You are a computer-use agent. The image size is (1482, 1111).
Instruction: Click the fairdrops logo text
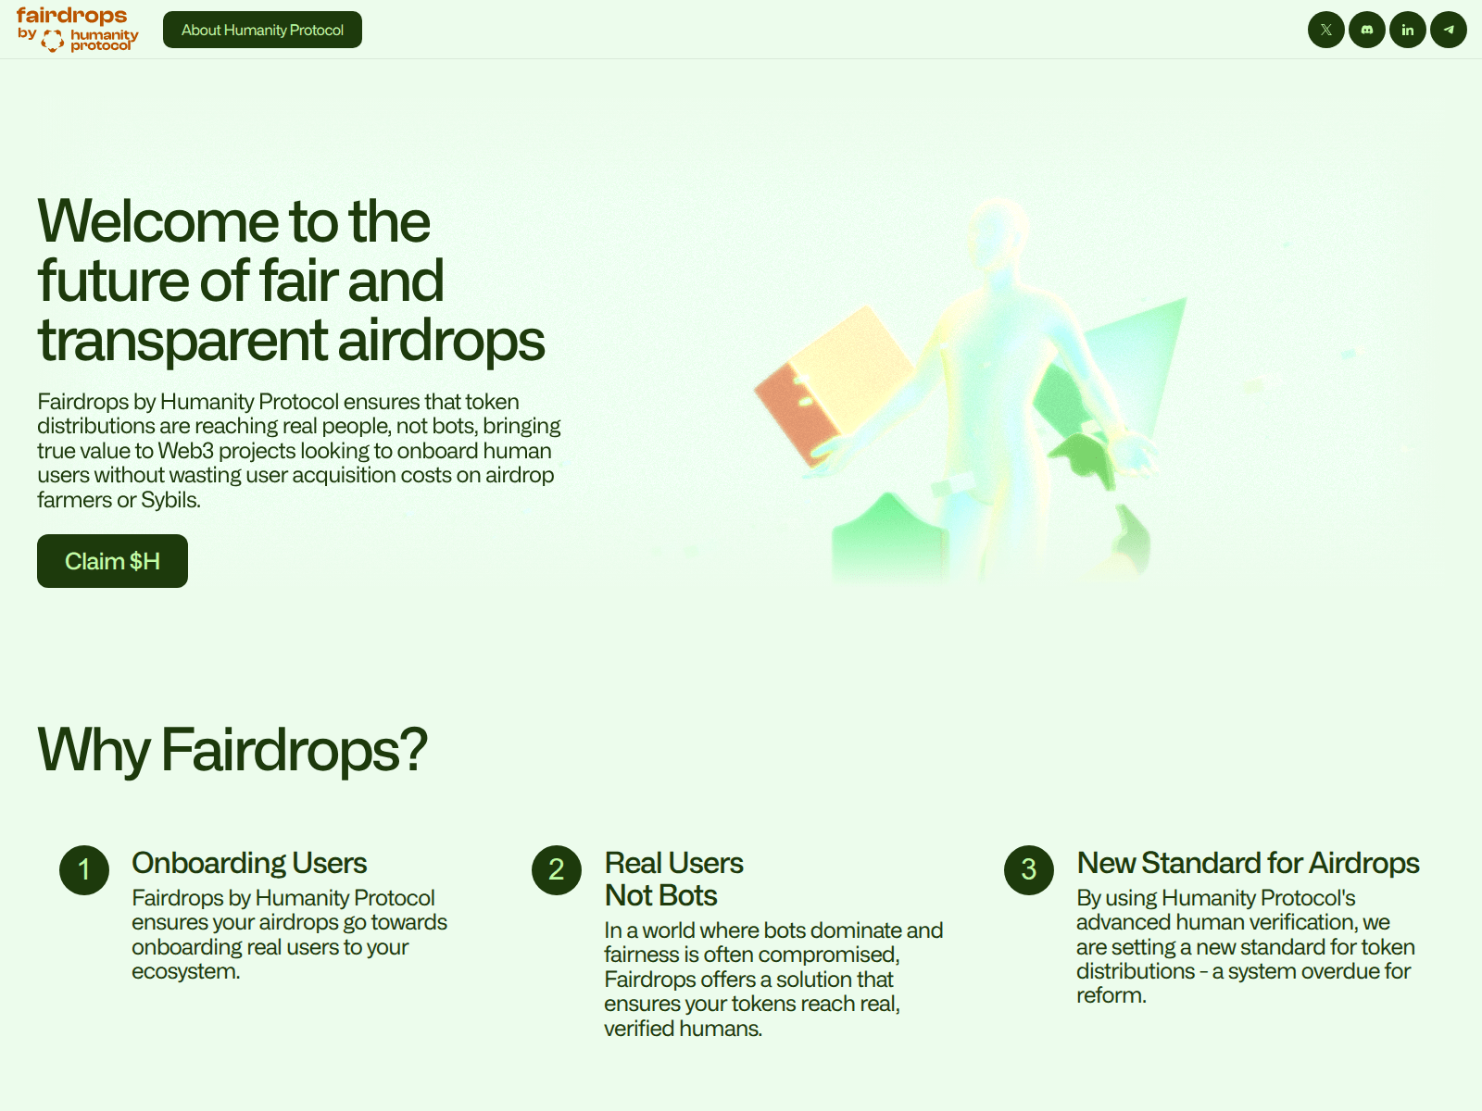click(x=71, y=16)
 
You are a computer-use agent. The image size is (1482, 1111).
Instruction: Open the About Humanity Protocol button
click(x=262, y=30)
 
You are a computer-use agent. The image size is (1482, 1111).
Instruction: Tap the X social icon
click(x=1325, y=30)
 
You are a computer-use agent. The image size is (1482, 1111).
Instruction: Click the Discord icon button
click(x=1366, y=30)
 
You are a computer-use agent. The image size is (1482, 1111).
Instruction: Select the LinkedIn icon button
click(x=1407, y=30)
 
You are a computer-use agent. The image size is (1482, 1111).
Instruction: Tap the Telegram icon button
click(x=1448, y=30)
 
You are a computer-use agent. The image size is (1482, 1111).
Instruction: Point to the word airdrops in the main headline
click(x=441, y=340)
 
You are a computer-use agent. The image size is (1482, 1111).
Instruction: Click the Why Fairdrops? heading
click(x=232, y=749)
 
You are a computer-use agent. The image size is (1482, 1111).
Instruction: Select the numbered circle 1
click(x=84, y=870)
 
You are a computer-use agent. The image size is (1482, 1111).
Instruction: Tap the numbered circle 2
click(x=557, y=870)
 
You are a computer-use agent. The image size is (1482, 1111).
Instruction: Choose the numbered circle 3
click(x=1029, y=870)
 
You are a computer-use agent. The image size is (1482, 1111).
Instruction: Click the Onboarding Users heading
click(x=249, y=863)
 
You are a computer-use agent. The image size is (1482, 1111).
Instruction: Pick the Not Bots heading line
click(x=660, y=896)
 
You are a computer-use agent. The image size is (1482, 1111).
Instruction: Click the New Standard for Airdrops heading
click(x=1248, y=863)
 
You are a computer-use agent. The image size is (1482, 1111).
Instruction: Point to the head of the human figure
click(x=998, y=231)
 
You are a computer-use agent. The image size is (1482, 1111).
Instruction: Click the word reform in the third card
click(x=1110, y=996)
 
